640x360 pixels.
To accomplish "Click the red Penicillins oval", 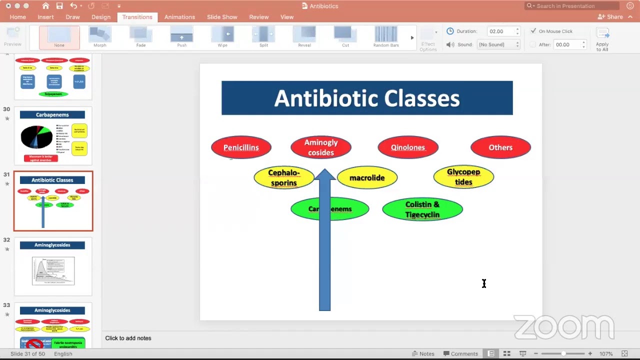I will pyautogui.click(x=241, y=147).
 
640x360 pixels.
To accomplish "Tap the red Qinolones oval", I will pyautogui.click(x=408, y=147).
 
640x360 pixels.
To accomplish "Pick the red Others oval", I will pyautogui.click(x=500, y=147).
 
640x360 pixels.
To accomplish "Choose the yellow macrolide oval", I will pyautogui.click(x=367, y=178).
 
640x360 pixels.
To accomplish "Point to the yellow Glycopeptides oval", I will pyautogui.click(x=463, y=177).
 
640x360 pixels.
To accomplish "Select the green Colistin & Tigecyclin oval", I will pyautogui.click(x=422, y=209).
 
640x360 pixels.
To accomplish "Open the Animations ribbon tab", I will pyautogui.click(x=179, y=17).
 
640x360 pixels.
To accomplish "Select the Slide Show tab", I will pyautogui.click(x=222, y=17).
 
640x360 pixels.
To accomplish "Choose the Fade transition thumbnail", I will pyautogui.click(x=141, y=36).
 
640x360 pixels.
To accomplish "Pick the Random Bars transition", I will pyautogui.click(x=386, y=36).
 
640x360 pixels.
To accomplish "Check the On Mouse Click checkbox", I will pyautogui.click(x=533, y=31).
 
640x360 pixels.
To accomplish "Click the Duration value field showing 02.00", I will pyautogui.click(x=501, y=31).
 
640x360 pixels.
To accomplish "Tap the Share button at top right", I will pyautogui.click(x=610, y=17).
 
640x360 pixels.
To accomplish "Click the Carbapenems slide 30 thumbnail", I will pyautogui.click(x=53, y=136).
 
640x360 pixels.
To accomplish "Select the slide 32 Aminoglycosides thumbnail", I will pyautogui.click(x=53, y=267).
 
